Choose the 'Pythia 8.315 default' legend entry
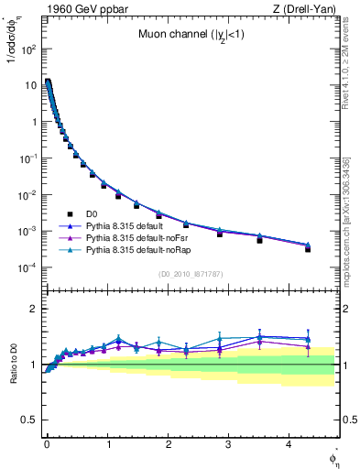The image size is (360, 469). [136, 225]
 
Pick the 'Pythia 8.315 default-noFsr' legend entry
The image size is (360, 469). [147, 237]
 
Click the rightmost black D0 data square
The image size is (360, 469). [308, 249]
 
